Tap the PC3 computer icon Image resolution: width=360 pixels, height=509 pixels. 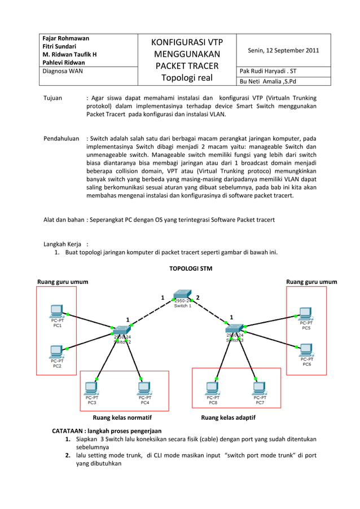pos(91,389)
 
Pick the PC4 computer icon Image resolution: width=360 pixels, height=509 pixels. pos(144,389)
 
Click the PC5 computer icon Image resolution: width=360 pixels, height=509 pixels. pos(305,313)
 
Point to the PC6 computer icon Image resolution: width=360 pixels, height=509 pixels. pos(305,350)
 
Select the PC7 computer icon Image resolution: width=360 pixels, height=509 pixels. pos(259,389)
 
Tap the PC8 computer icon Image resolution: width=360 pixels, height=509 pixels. pos(212,389)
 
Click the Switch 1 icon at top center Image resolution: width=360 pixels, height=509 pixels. pos(182,294)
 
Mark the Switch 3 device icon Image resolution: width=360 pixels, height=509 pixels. pos(235,328)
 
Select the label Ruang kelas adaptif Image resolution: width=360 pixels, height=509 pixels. pos(228,418)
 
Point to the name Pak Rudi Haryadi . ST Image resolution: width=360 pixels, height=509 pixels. pos(267,72)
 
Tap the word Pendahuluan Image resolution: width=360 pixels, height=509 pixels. pos(61,138)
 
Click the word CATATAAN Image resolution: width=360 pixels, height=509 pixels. pos(70,431)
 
